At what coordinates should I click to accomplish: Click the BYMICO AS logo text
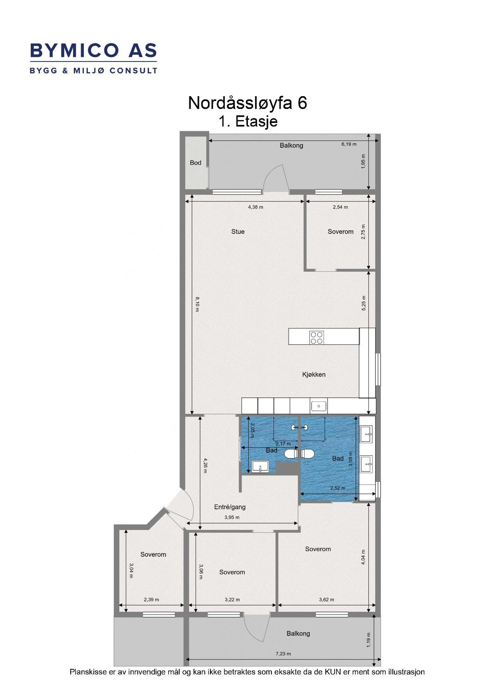(93, 50)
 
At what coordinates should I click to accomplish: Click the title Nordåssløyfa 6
(247, 103)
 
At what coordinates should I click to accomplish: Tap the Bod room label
(196, 163)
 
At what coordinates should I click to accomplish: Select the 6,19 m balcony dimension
(349, 144)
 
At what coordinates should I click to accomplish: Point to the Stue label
(238, 232)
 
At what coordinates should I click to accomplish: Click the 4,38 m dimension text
(255, 207)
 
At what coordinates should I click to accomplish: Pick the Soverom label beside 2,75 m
(340, 232)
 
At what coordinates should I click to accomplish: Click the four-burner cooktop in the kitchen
(316, 337)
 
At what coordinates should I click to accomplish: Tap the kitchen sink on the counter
(318, 406)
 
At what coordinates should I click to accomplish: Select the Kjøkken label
(313, 375)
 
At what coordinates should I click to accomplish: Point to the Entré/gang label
(230, 507)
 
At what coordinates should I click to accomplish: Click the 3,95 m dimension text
(231, 517)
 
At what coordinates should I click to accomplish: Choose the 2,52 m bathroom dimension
(337, 488)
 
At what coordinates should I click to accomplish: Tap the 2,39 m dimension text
(151, 600)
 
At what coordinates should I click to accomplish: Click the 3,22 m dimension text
(232, 600)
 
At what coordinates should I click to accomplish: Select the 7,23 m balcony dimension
(283, 654)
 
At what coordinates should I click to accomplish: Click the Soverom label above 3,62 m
(318, 549)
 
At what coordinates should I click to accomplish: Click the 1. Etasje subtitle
(248, 122)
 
